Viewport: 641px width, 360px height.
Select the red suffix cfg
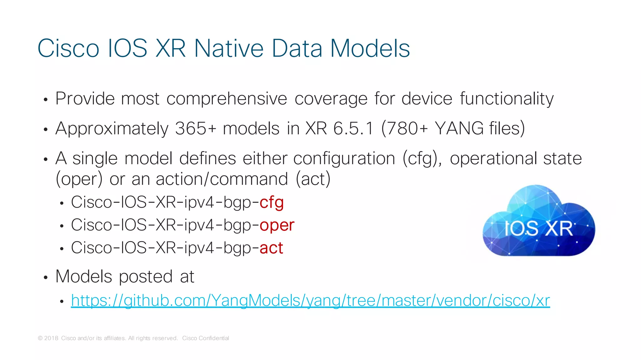[271, 202]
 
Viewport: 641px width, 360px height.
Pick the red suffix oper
[277, 225]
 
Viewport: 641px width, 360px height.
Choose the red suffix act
[271, 248]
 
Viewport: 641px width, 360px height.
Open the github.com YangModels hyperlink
[310, 301]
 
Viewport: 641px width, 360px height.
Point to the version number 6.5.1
[353, 128]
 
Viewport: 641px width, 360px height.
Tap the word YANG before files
[459, 128]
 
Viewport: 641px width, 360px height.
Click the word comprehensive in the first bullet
[226, 99]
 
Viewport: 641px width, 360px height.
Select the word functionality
[506, 99]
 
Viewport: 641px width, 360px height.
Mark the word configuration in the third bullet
[344, 158]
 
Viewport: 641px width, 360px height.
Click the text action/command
[222, 179]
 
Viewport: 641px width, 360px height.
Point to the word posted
[146, 277]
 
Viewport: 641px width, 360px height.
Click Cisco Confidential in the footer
[205, 338]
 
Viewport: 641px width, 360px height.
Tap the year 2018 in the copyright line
[51, 338]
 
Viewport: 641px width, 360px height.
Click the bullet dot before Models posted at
[46, 277]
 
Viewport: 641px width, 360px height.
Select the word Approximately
[112, 129]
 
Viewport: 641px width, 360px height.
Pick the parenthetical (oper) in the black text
[79, 179]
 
